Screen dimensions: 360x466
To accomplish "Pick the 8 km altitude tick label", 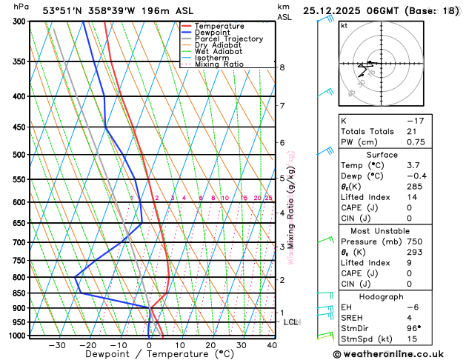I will [x=282, y=67].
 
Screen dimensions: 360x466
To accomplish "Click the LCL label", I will [x=290, y=321].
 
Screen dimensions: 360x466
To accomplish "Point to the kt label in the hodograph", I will [x=344, y=25].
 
